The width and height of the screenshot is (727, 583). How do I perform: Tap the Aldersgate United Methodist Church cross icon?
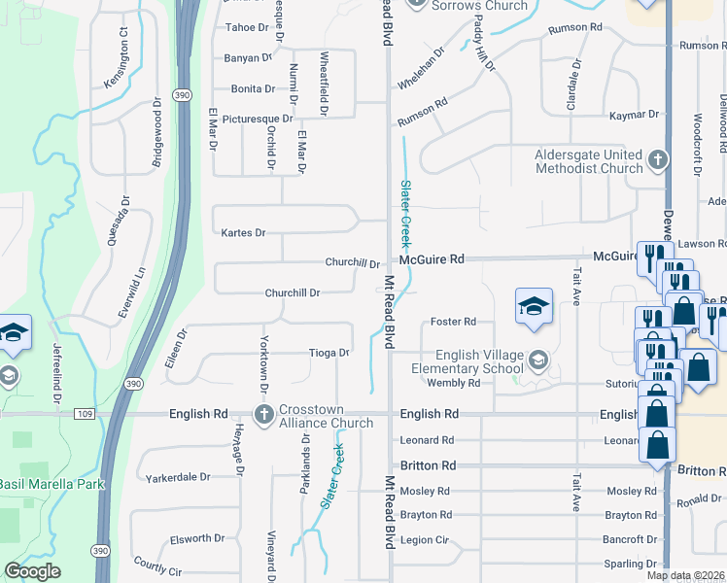658,159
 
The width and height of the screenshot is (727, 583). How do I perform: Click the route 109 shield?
84,414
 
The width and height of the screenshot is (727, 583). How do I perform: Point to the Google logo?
32,571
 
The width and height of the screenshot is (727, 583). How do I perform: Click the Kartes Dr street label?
243,233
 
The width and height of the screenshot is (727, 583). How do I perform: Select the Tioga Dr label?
329,353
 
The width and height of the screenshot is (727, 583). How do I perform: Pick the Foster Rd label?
453,322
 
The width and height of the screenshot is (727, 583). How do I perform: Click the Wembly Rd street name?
454,383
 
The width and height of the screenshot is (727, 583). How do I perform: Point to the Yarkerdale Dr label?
178,477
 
